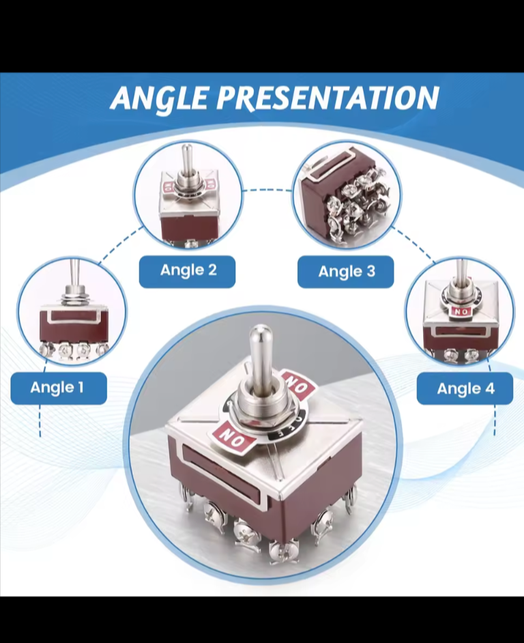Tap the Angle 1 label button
[x=59, y=388]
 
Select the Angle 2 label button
[x=188, y=271]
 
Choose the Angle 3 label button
[x=346, y=272]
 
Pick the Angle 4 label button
[x=465, y=388]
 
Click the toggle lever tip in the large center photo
[x=261, y=331]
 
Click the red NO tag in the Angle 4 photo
[x=461, y=312]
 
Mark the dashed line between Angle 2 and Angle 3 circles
[x=267, y=190]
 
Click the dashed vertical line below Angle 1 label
[x=40, y=420]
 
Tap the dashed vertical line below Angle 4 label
[x=495, y=420]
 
